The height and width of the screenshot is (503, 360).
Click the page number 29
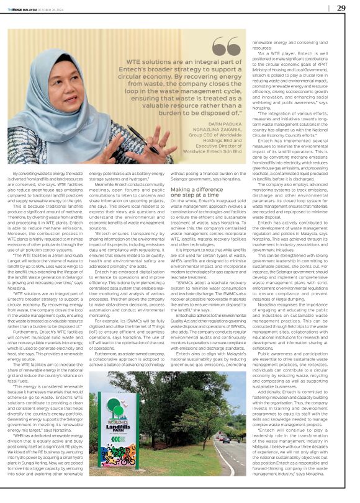click(341, 8)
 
